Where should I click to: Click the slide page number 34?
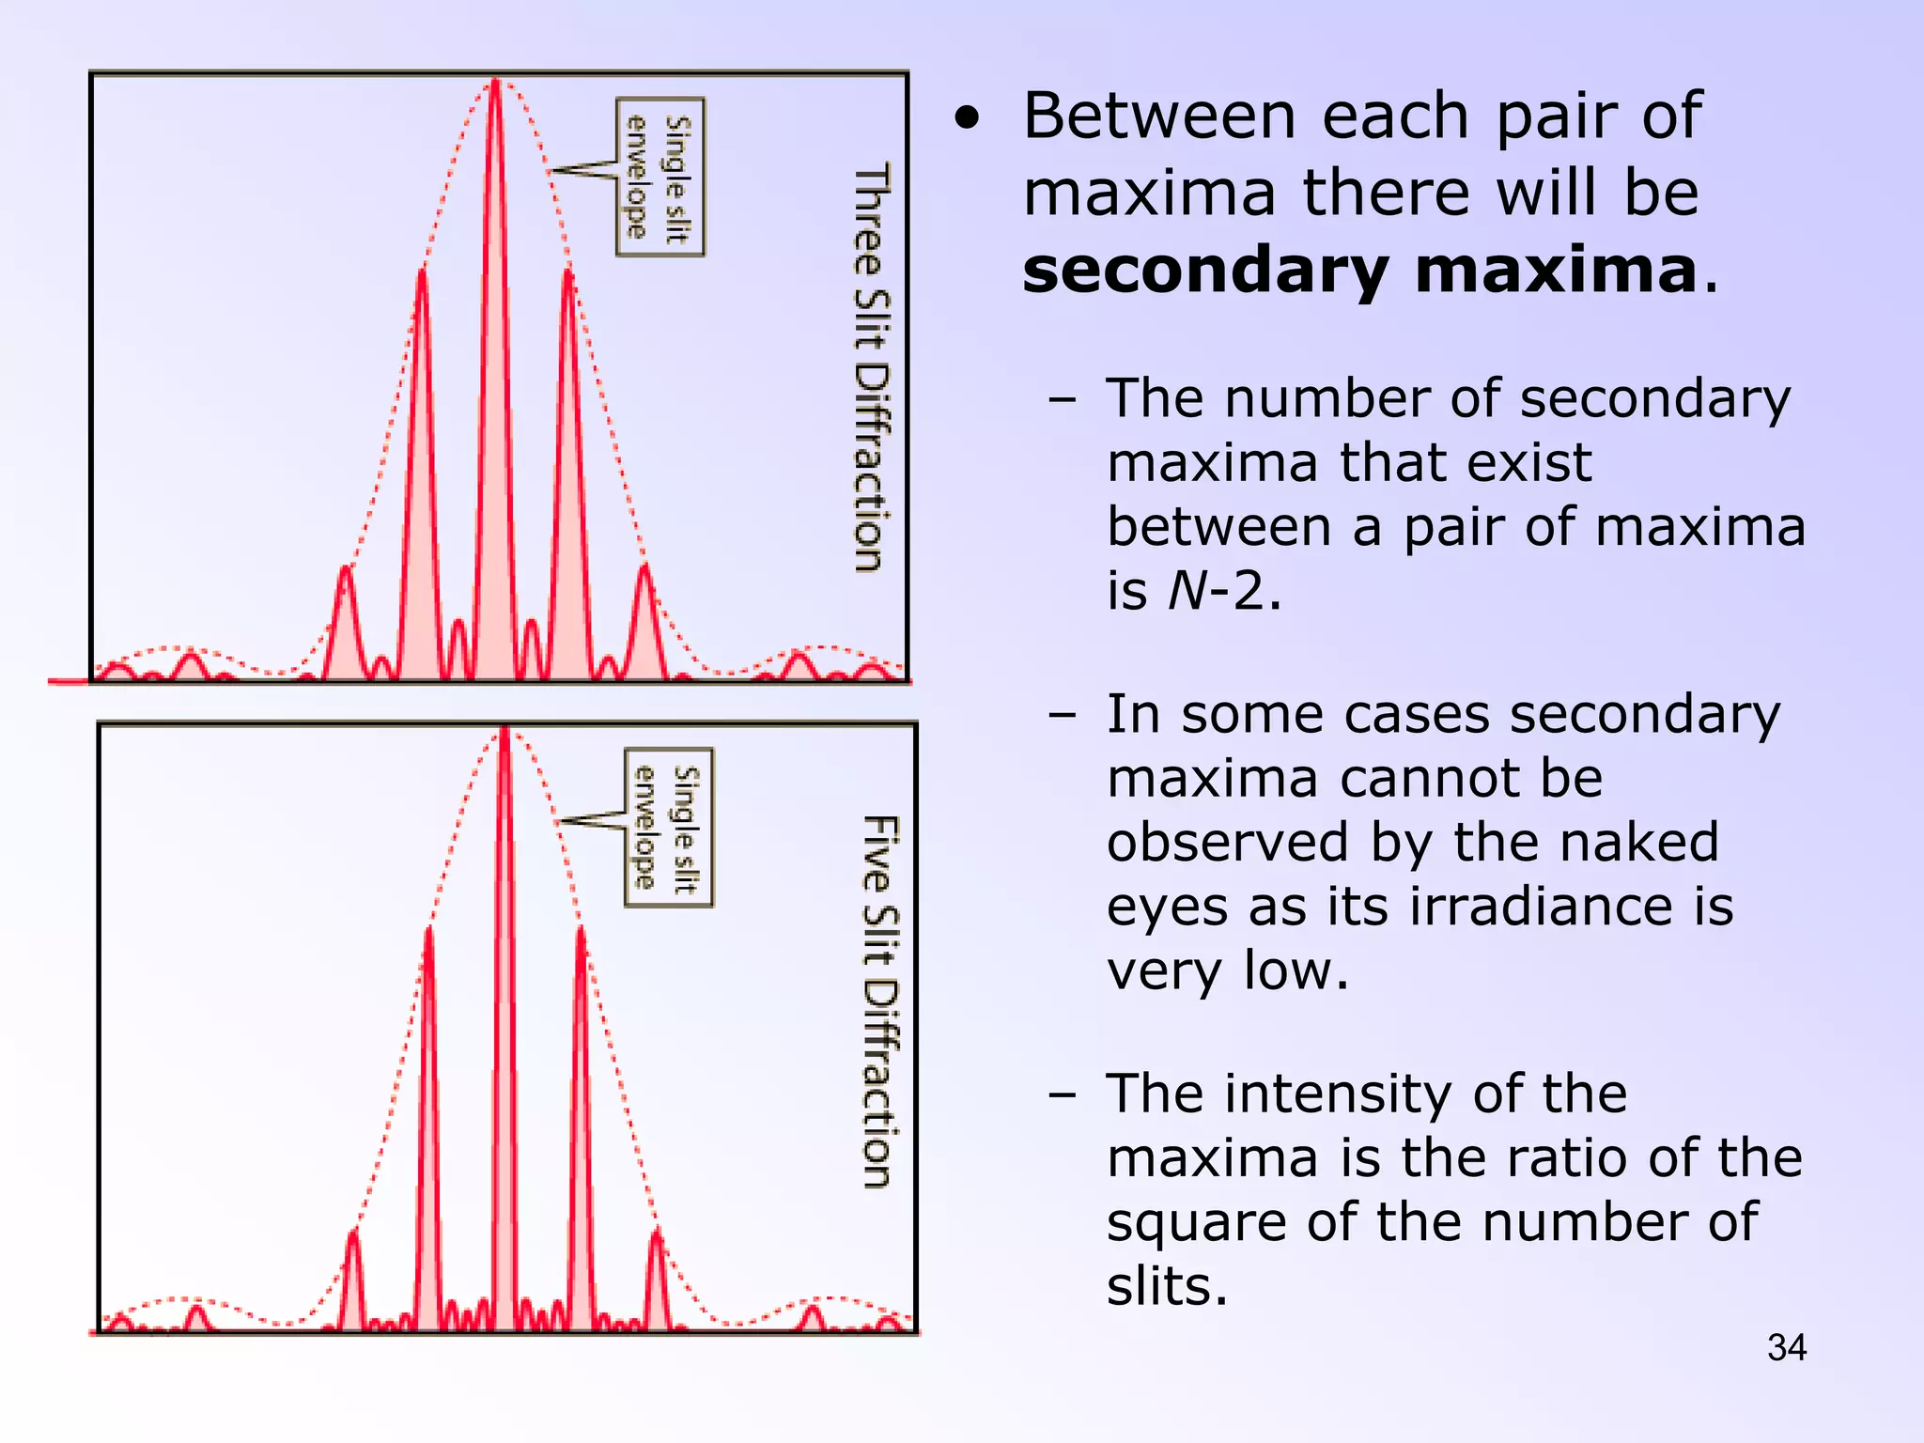(1786, 1347)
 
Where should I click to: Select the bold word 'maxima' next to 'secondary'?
(1557, 271)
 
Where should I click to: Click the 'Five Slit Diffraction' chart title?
(880, 1001)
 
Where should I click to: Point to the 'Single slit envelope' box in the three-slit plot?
(660, 177)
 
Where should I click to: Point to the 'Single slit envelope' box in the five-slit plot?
(669, 828)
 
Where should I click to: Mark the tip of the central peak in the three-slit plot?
(496, 82)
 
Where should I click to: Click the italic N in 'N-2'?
(1187, 591)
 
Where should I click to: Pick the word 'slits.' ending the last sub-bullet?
(1167, 1286)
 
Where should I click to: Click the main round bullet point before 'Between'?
(967, 119)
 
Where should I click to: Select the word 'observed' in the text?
(1225, 842)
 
